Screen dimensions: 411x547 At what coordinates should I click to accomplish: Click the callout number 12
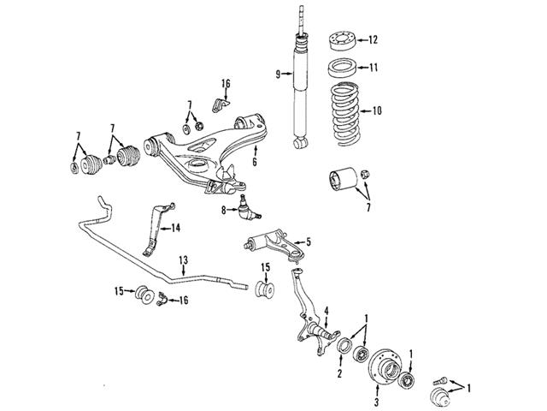click(373, 39)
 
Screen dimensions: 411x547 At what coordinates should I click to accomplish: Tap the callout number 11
click(373, 67)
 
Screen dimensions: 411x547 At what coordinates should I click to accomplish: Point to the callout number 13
click(182, 259)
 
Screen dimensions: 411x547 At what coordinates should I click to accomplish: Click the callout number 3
click(375, 399)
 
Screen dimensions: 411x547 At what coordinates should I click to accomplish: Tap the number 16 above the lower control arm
click(226, 83)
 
